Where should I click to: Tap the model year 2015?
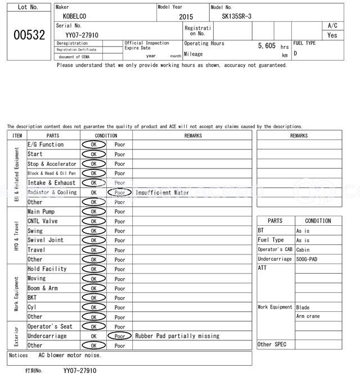point(186,17)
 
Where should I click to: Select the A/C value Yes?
point(332,35)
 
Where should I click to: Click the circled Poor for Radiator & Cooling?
point(120,192)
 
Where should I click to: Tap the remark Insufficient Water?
point(162,192)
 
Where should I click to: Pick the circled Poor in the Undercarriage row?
point(120,336)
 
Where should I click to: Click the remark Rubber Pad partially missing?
point(177,336)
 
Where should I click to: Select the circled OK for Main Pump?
point(93,212)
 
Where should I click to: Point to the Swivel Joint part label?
point(46,240)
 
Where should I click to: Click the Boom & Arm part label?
point(43,288)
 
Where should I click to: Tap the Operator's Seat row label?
point(50,326)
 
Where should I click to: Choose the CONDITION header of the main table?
point(106,135)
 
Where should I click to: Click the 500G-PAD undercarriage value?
point(306,259)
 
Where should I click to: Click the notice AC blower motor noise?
point(70,355)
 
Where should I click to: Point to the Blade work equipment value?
point(303,307)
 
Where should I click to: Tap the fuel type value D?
point(295,54)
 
